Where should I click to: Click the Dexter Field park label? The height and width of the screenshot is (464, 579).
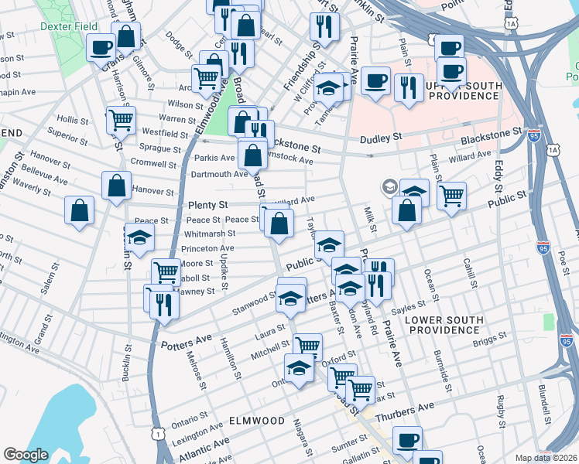(x=69, y=26)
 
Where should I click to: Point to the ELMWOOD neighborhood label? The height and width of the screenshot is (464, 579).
(x=259, y=420)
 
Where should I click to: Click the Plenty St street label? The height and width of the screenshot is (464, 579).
(x=208, y=206)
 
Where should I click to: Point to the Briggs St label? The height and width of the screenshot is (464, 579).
(x=491, y=336)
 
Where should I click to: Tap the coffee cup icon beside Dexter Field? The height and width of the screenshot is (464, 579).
(x=101, y=48)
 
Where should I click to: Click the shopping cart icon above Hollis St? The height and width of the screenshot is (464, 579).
(x=121, y=119)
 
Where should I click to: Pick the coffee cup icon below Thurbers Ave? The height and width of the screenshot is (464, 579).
(x=406, y=441)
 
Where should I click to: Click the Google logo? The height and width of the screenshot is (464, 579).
(x=26, y=455)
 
